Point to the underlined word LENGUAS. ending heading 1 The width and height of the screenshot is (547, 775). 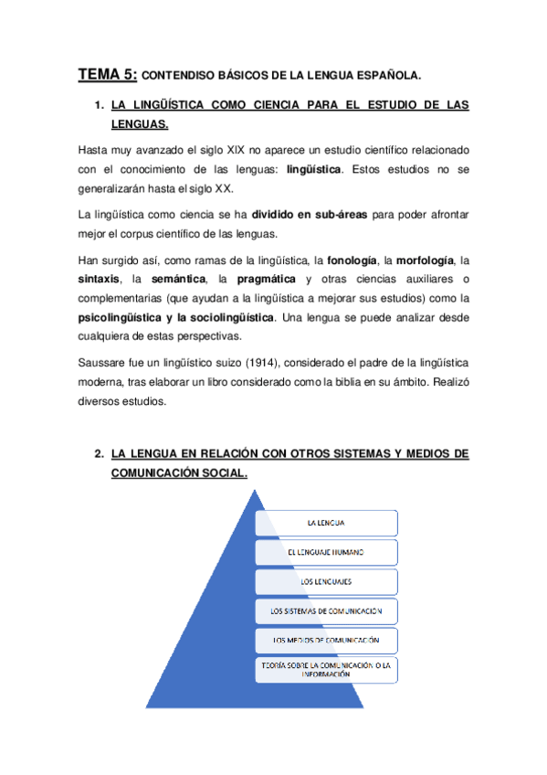coord(139,122)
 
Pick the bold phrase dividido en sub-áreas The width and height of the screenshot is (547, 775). coord(309,214)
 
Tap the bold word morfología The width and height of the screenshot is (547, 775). coord(418,259)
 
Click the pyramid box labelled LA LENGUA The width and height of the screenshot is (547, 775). coord(326,522)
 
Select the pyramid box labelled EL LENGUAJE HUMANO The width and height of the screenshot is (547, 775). coord(326,551)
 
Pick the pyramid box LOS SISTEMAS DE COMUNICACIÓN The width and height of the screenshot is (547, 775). coord(326,610)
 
